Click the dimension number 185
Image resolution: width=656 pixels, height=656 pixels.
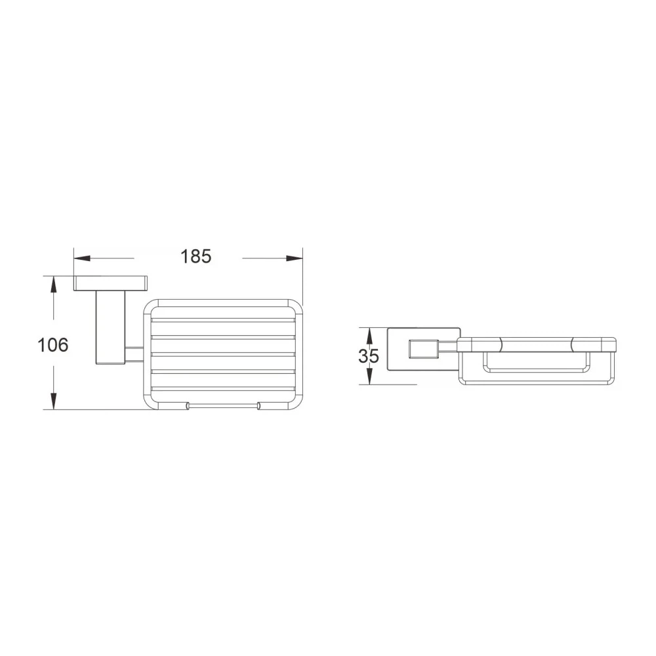click(x=195, y=256)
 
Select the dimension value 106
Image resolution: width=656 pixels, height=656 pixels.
click(x=52, y=345)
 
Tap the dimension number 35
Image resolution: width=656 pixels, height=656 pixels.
click(x=369, y=356)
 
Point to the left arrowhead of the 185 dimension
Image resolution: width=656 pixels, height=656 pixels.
click(x=82, y=258)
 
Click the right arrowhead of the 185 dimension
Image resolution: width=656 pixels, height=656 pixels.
click(x=295, y=258)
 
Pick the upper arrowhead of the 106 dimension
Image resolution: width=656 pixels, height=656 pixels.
click(x=53, y=284)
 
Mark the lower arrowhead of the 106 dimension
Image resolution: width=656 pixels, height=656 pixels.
click(x=53, y=401)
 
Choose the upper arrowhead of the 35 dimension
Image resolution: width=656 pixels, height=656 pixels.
click(x=369, y=335)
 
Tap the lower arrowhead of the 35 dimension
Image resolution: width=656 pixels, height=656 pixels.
click(x=369, y=376)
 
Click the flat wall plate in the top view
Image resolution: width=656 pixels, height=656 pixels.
click(x=110, y=283)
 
